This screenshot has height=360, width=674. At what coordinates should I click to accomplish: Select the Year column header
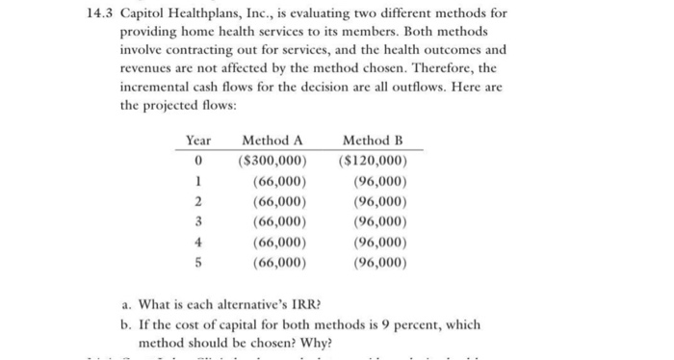click(198, 141)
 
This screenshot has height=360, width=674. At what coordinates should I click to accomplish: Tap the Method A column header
click(279, 141)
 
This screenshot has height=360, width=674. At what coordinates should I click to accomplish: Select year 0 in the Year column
click(198, 161)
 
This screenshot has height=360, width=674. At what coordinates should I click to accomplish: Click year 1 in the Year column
click(198, 181)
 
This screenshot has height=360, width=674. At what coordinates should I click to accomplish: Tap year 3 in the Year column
click(198, 221)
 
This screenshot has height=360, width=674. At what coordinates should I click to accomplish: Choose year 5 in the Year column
click(198, 262)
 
